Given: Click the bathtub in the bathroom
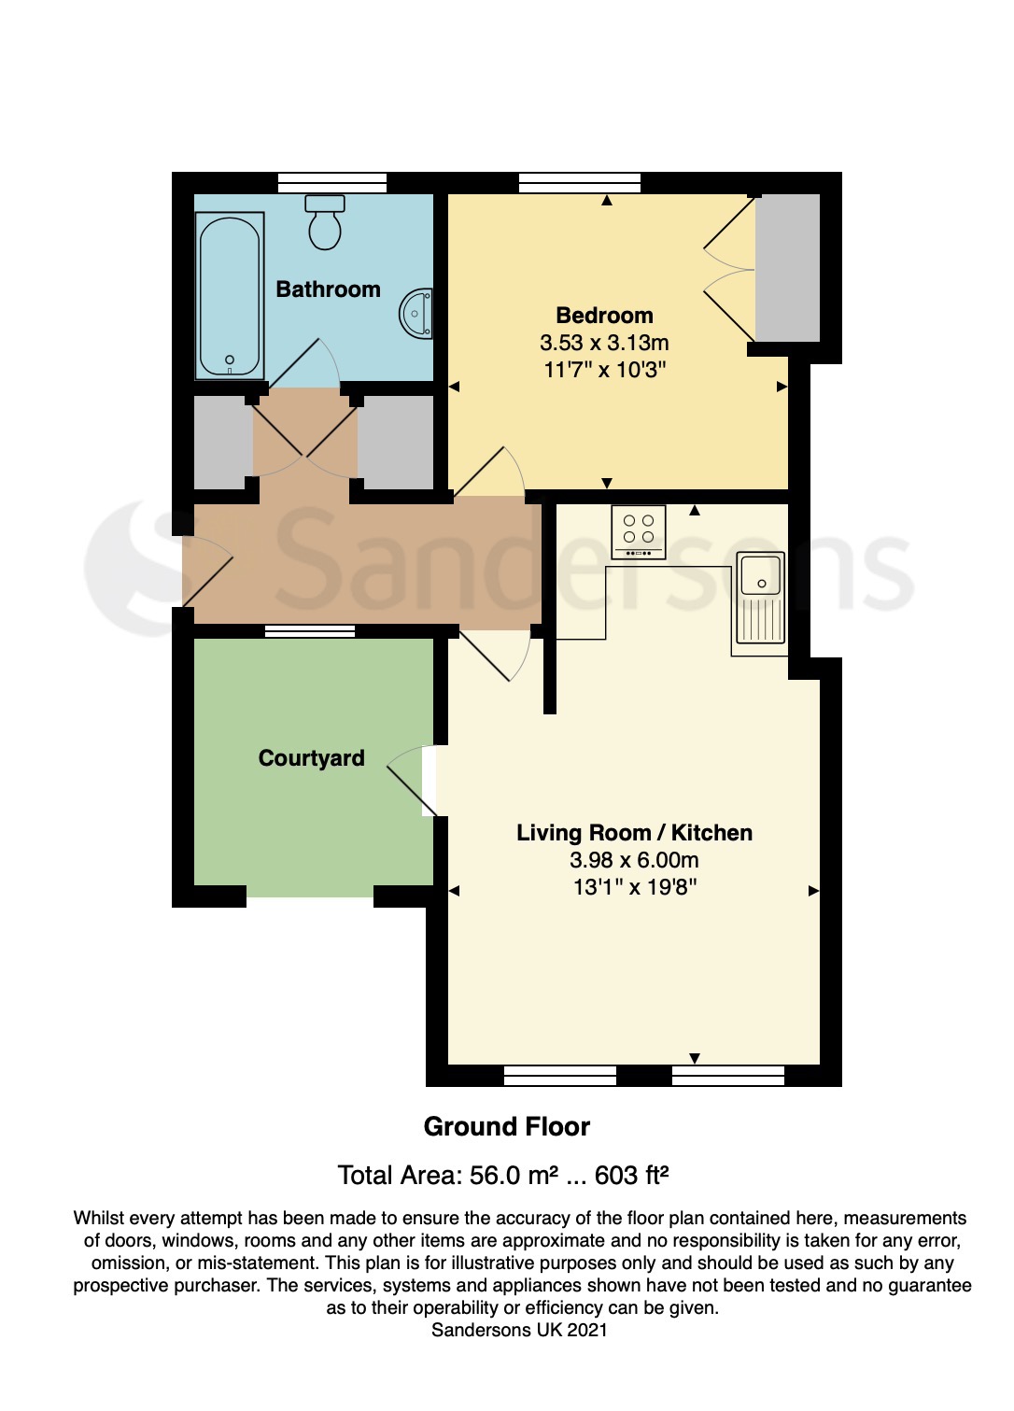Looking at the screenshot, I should tap(229, 296).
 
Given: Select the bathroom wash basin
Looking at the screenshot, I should tap(417, 314).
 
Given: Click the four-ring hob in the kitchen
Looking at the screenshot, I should tap(639, 531).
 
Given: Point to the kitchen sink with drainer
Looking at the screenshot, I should tap(761, 599).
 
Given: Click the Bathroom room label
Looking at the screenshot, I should tap(328, 289).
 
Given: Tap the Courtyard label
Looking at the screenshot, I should tap(311, 758).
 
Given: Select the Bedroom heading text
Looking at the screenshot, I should tap(604, 316).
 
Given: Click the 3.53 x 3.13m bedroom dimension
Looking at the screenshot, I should tap(604, 343).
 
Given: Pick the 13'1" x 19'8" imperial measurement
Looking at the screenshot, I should tap(635, 887).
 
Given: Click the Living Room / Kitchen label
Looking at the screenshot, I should tap(634, 833).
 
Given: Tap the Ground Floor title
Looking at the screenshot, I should tap(506, 1127).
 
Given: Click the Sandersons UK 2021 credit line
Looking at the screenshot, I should tap(519, 1330).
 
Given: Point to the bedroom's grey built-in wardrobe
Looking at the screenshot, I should tap(787, 268).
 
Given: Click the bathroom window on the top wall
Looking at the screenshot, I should tap(332, 182).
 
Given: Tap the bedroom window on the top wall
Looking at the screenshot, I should tap(580, 182).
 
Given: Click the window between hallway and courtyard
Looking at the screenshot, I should tap(310, 631).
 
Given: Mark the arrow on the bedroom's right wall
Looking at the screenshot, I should tap(782, 387).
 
